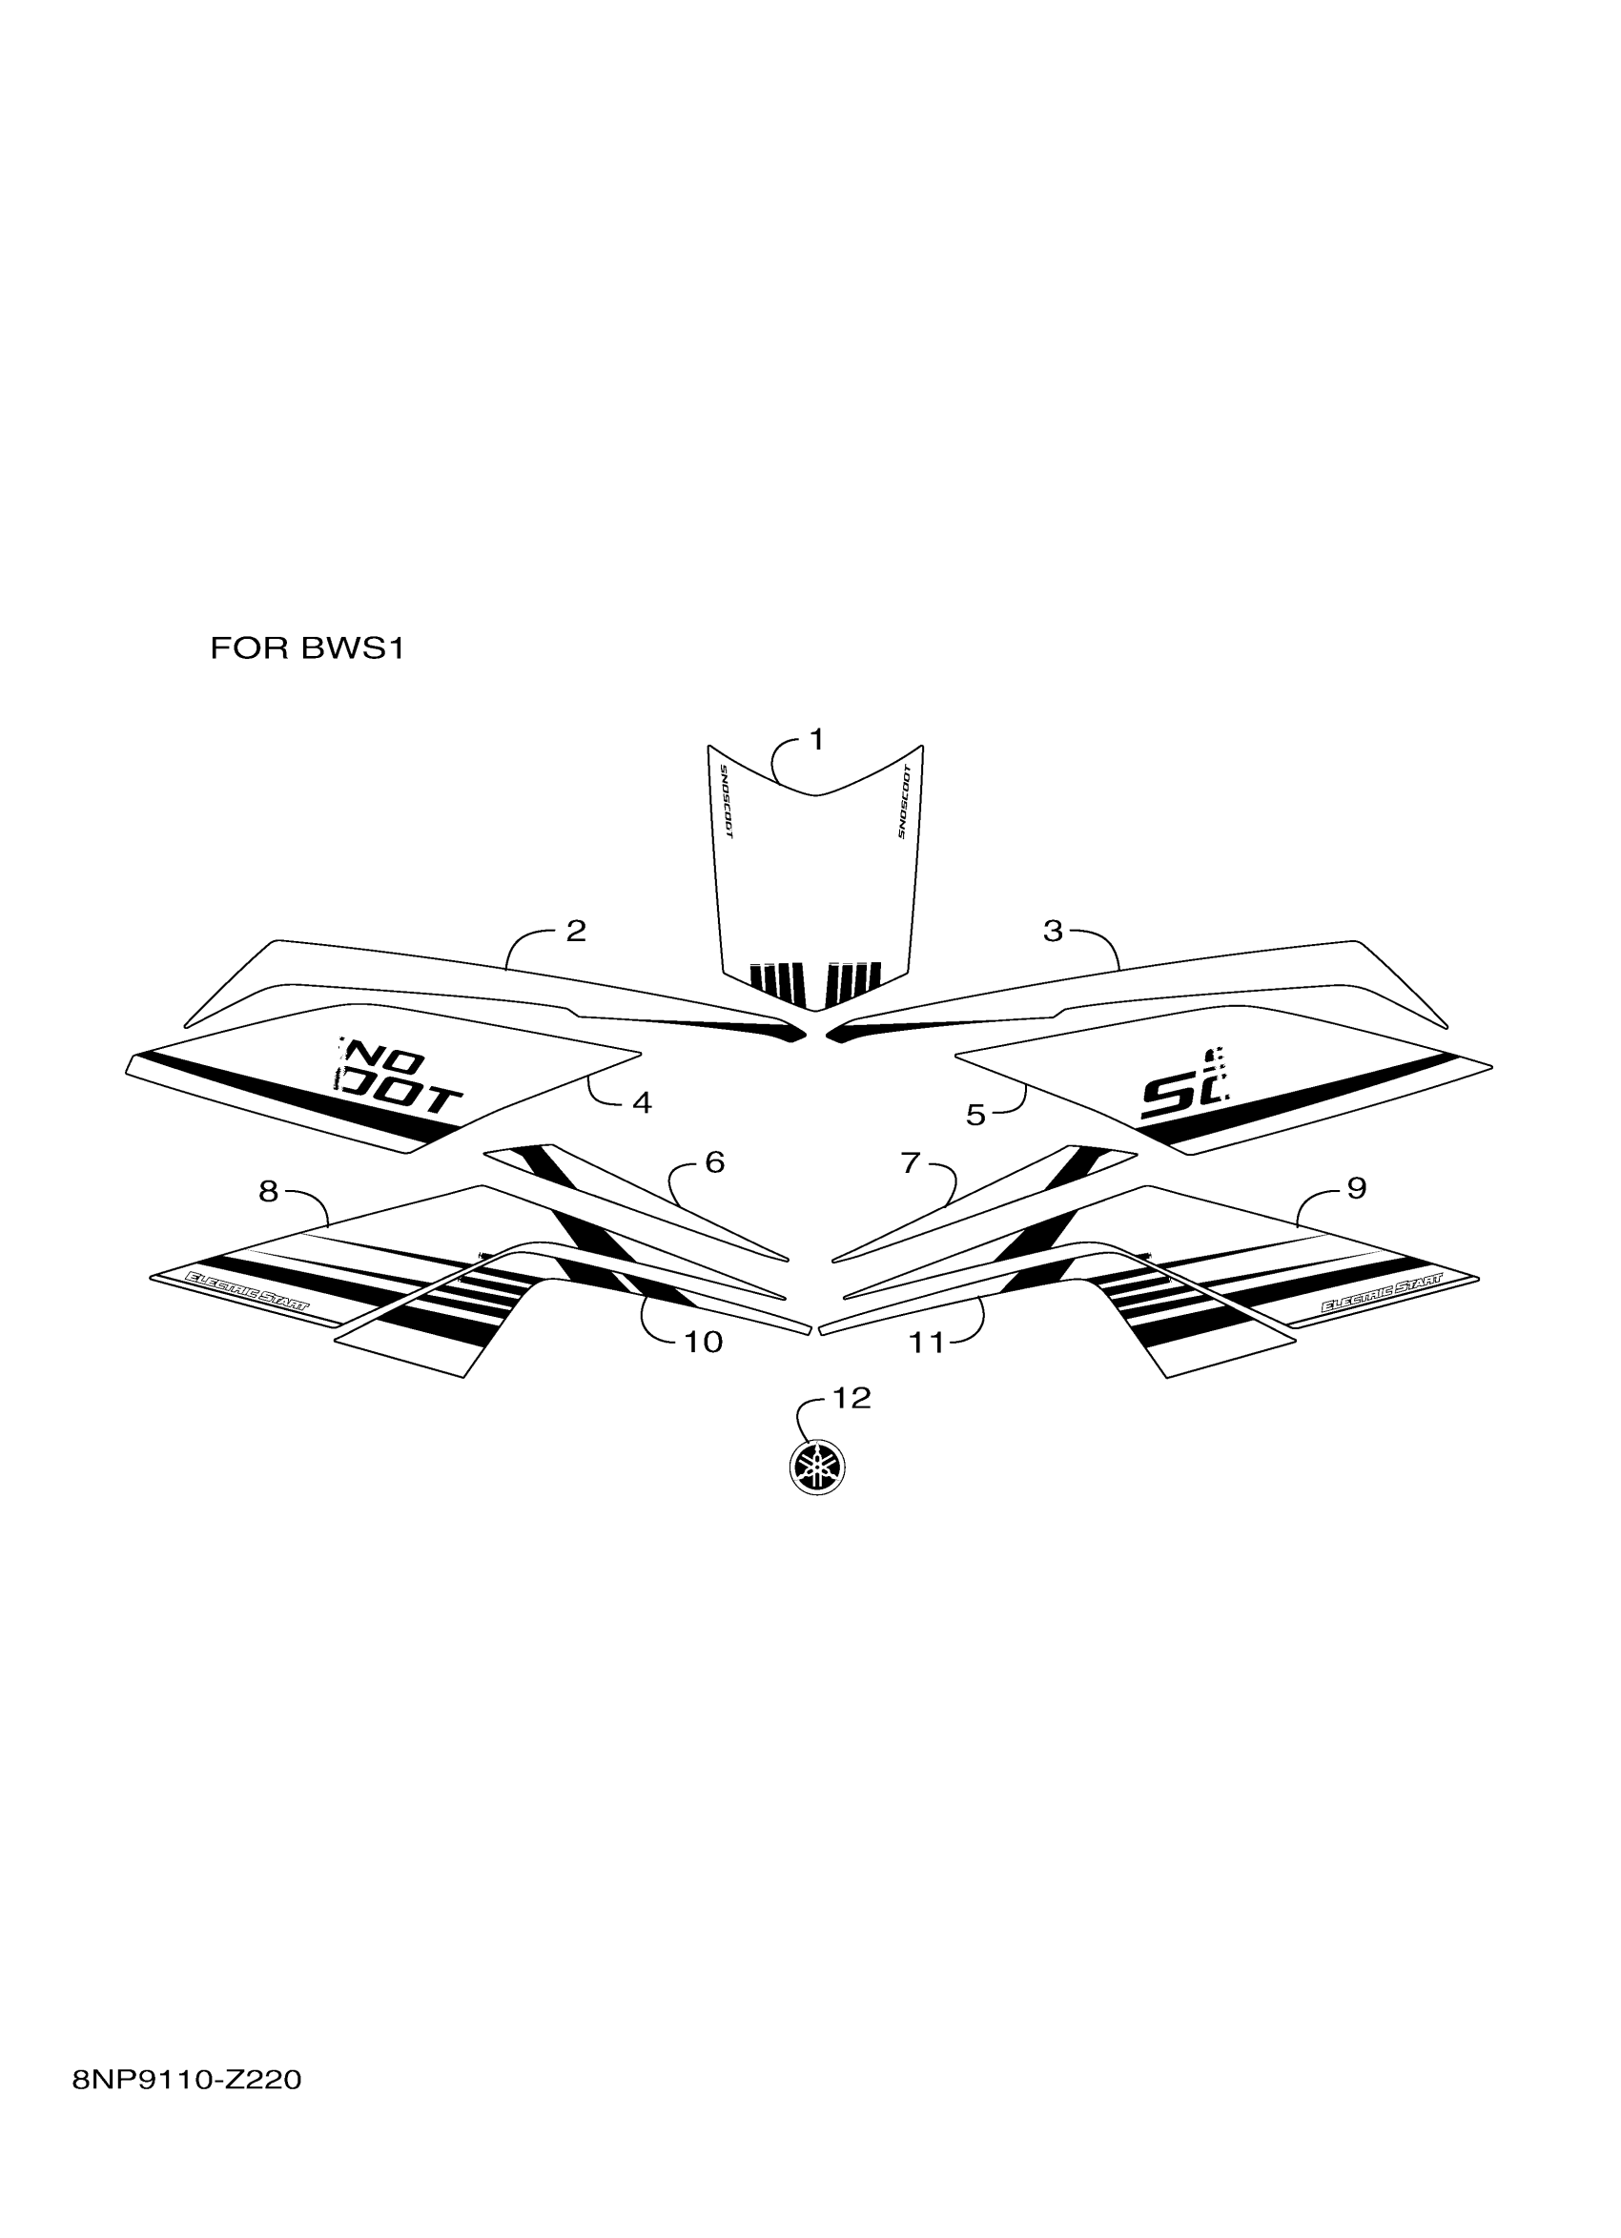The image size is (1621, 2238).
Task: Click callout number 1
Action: (x=816, y=739)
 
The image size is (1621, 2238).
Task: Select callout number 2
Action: (x=576, y=931)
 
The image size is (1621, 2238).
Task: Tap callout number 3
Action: (x=1053, y=931)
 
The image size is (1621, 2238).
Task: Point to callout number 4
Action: (x=642, y=1103)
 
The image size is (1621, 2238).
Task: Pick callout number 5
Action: (x=975, y=1115)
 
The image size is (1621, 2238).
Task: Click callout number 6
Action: (x=714, y=1162)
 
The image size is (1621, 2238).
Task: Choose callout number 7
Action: (x=910, y=1162)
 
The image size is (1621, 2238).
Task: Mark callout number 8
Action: (x=268, y=1192)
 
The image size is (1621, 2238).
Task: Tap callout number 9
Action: (x=1357, y=1188)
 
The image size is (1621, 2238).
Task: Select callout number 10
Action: (x=704, y=1342)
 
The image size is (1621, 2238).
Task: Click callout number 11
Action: (x=927, y=1342)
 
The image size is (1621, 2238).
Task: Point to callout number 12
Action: (x=852, y=1397)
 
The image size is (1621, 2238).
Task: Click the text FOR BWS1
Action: (x=307, y=649)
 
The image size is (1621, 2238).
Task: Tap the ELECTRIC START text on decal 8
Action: (x=248, y=1293)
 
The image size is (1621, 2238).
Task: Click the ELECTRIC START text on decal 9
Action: (x=1382, y=1293)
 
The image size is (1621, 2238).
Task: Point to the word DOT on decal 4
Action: (x=400, y=1098)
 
